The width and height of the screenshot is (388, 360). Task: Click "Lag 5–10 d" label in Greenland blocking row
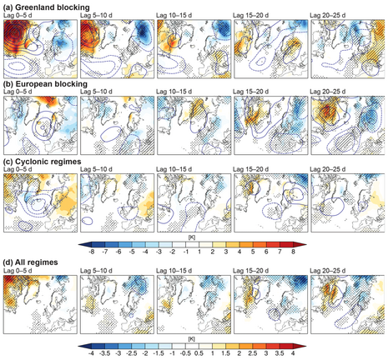click(99, 14)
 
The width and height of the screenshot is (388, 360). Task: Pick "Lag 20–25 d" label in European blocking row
click(332, 94)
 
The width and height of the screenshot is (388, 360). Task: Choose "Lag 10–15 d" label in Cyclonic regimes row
click(177, 174)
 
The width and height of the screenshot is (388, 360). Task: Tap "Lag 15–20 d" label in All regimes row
click(254, 270)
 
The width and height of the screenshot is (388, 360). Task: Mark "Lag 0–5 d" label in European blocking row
click(21, 94)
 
